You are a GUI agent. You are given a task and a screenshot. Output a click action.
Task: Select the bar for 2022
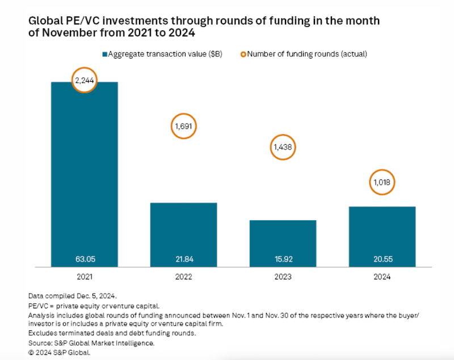coord(183,233)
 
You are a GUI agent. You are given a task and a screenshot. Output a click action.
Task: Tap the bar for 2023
coord(283,241)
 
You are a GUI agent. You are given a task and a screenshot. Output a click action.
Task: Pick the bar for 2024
coord(382,235)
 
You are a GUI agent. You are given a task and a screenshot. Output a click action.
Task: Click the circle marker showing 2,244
coord(85,81)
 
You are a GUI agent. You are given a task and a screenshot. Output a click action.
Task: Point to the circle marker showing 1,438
coord(283,147)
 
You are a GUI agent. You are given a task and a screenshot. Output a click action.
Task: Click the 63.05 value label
coord(85,258)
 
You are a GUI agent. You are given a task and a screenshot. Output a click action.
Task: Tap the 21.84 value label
coord(183,258)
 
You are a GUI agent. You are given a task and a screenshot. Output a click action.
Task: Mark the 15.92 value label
coord(283,258)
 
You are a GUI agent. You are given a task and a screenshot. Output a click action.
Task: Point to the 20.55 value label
coord(382,258)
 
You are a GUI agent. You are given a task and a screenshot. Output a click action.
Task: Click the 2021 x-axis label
coord(85,277)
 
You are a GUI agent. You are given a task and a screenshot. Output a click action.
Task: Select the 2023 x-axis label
coord(283,277)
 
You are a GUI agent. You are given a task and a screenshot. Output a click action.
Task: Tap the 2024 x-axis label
coord(382,277)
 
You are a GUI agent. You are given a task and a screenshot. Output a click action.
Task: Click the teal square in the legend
coord(104,54)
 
